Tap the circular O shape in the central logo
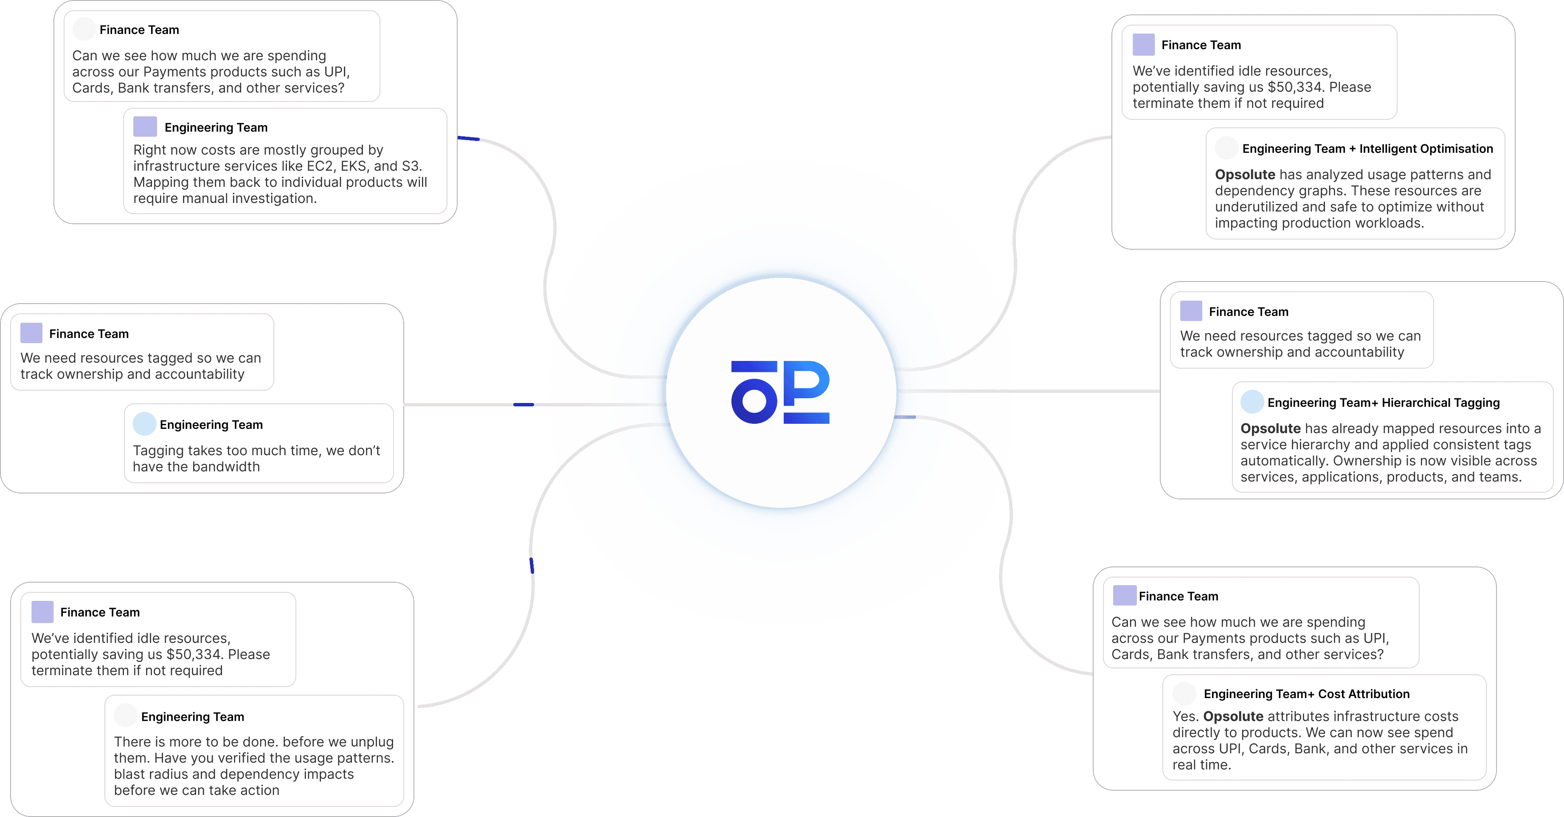pos(754,401)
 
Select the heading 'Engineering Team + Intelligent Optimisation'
pos(1367,149)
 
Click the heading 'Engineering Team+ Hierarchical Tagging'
pos(1383,403)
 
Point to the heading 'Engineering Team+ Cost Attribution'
pos(1307,694)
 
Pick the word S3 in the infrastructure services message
pos(411,166)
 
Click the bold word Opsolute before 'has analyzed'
pos(1245,175)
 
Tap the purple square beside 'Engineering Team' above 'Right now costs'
pos(145,127)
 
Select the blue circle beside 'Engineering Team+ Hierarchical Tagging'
pos(1252,402)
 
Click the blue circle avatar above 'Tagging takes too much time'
pos(144,424)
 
